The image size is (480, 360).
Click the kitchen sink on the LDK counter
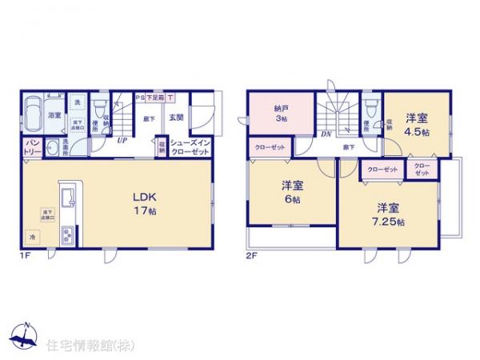point(66,198)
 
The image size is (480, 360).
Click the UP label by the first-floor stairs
point(122,140)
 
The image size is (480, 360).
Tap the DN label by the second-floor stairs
point(326,134)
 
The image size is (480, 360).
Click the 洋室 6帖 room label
point(291,192)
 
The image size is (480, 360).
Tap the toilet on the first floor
point(101,107)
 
